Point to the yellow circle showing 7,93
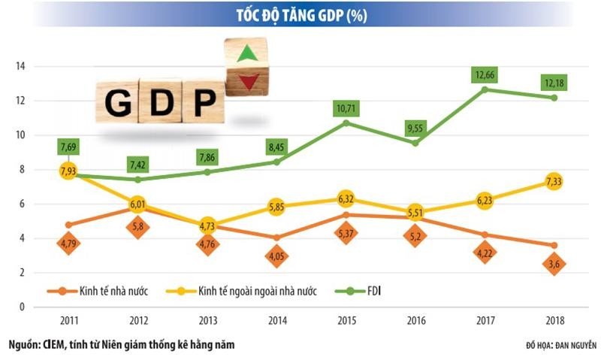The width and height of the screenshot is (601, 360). click(68, 171)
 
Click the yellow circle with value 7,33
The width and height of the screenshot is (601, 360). click(553, 181)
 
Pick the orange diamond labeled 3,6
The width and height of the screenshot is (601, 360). click(553, 265)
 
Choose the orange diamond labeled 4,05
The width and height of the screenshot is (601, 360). click(276, 257)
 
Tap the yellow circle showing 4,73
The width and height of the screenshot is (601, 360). click(207, 225)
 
